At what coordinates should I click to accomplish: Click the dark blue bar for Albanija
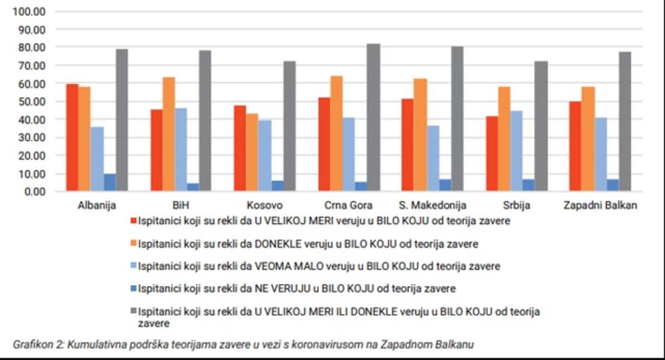click(x=110, y=182)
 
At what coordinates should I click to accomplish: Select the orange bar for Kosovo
click(x=253, y=152)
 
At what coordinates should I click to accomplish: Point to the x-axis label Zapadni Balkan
click(x=600, y=205)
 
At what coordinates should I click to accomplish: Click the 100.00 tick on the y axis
click(x=29, y=12)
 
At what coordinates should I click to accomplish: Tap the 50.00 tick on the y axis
click(x=31, y=102)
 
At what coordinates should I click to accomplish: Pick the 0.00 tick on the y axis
click(x=34, y=192)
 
